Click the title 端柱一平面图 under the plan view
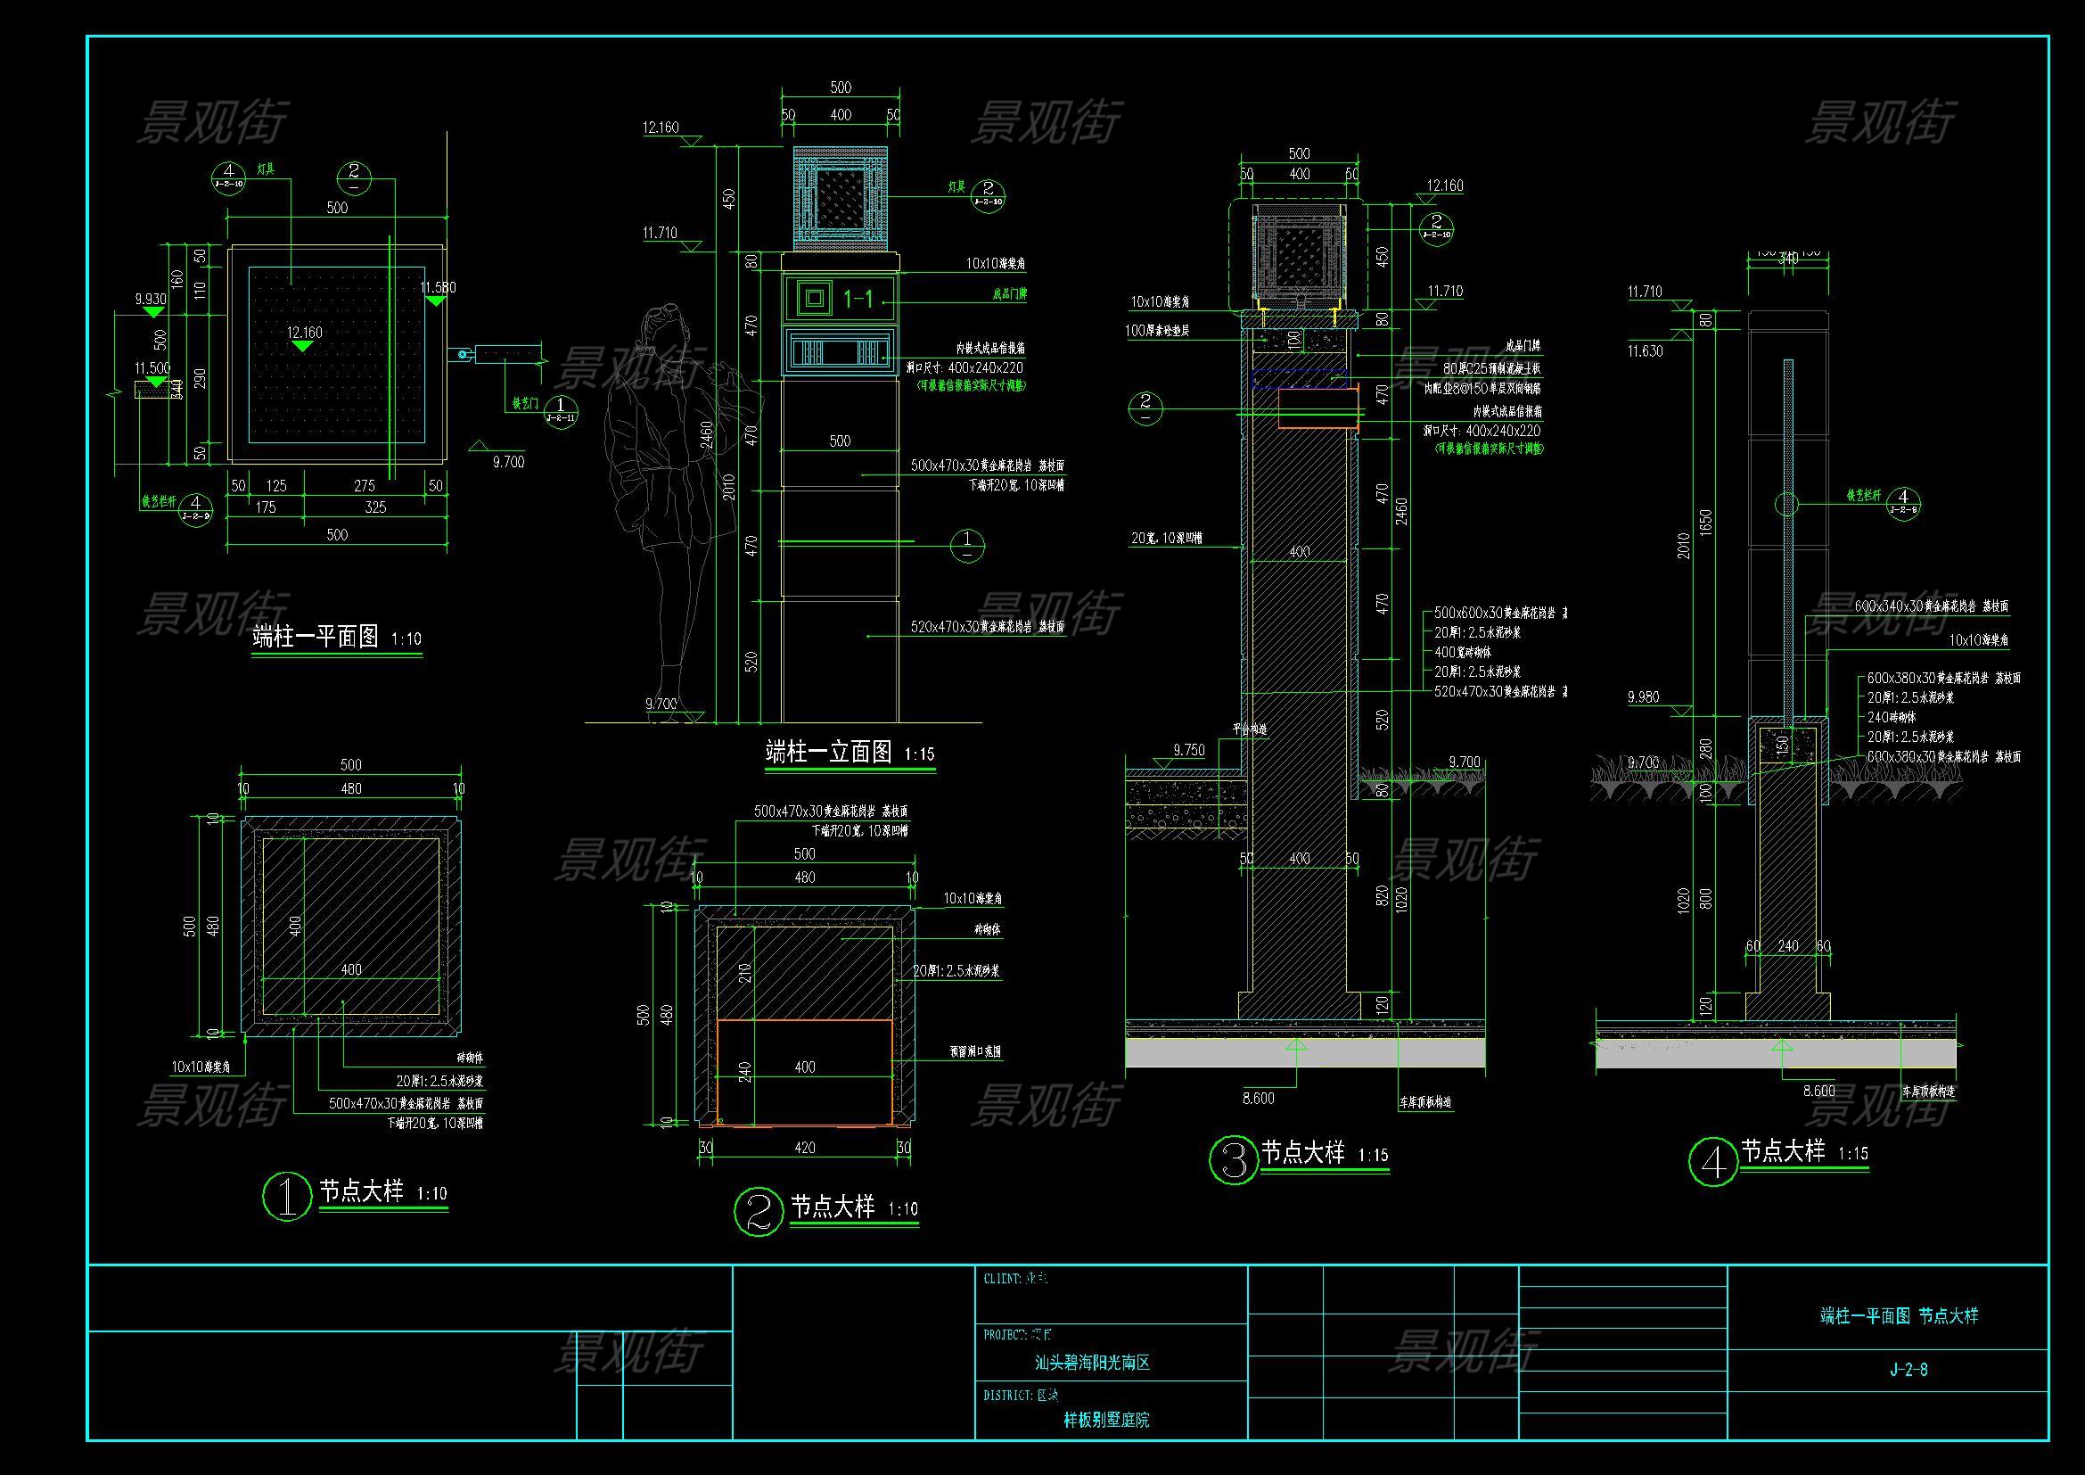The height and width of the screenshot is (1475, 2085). point(315,637)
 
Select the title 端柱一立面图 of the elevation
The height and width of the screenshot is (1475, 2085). point(828,752)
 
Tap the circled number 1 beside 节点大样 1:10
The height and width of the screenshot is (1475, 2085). point(286,1195)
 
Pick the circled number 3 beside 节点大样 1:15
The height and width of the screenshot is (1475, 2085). point(1233,1160)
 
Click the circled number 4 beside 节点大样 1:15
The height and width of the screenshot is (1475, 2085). point(1712,1163)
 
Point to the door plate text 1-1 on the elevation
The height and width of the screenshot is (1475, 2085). point(859,298)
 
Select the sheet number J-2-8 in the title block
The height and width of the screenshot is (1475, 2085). point(1908,1370)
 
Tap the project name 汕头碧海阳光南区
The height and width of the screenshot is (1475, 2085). point(1093,1363)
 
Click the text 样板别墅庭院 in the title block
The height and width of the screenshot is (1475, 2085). point(1106,1420)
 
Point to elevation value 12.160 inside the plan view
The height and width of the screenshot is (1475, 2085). point(305,333)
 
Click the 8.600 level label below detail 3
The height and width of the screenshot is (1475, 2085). point(1258,1098)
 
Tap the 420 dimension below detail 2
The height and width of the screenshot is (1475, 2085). point(805,1147)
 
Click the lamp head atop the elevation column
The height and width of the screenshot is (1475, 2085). point(841,197)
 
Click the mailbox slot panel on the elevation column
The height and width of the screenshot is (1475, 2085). point(840,353)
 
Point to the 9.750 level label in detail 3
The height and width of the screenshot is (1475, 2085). point(1189,750)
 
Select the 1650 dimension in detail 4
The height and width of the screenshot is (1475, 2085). point(1705,522)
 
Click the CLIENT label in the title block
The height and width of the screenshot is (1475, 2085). point(1003,1279)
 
